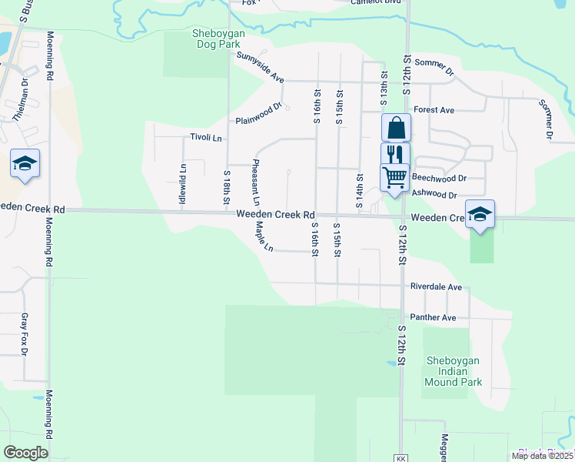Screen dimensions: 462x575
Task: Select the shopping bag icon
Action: pyautogui.click(x=395, y=127)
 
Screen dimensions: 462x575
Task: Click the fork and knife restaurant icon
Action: pyautogui.click(x=395, y=153)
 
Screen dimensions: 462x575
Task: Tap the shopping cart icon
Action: pyautogui.click(x=395, y=176)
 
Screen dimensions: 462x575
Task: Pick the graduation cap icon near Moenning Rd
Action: pyautogui.click(x=25, y=163)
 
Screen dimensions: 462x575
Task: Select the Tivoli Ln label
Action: pyautogui.click(x=206, y=138)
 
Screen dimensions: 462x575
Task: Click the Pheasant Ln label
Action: pyautogui.click(x=254, y=182)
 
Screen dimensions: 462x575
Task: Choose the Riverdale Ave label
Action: pyautogui.click(x=436, y=286)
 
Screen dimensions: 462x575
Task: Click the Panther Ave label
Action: pyautogui.click(x=433, y=317)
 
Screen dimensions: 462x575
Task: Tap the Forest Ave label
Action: pyautogui.click(x=434, y=110)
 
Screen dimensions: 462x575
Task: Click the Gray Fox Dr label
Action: pyautogui.click(x=24, y=335)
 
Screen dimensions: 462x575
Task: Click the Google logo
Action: pyautogui.click(x=25, y=453)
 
